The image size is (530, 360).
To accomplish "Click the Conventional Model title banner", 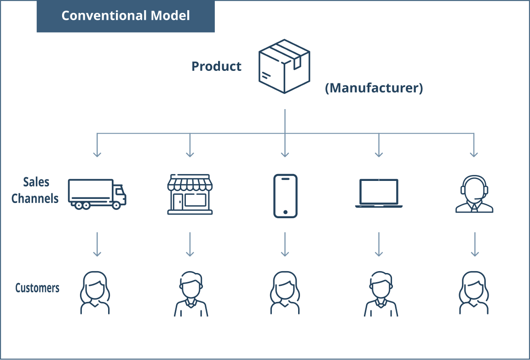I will [x=126, y=16].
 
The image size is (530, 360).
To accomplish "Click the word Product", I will [x=216, y=66].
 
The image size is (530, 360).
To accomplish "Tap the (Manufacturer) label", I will [x=374, y=88].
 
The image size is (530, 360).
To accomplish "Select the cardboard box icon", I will [x=284, y=66].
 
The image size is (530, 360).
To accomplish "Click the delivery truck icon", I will [x=97, y=194].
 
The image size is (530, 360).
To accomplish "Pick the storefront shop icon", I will [x=190, y=194].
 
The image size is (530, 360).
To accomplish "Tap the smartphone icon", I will [x=285, y=196].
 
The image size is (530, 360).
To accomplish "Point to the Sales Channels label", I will [x=35, y=190].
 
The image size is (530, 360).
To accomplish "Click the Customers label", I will [x=37, y=288].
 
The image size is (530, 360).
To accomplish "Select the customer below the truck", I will [x=95, y=293].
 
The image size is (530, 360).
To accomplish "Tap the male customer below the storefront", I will [x=190, y=294].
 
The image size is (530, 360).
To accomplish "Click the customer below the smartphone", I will [x=284, y=293].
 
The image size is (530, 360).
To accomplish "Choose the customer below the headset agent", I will [x=474, y=293].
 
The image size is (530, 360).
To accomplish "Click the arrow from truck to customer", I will [x=97, y=244].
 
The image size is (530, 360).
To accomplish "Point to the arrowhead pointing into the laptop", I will [x=379, y=154].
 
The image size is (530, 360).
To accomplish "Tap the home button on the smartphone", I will [x=285, y=212].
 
